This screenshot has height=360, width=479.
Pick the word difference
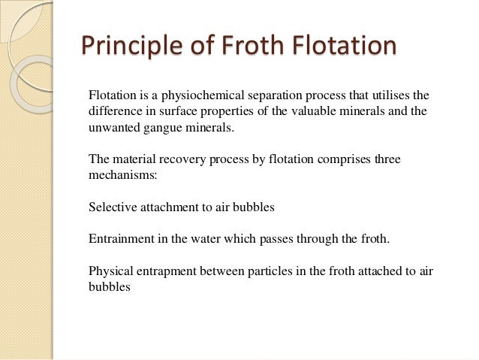click(114, 112)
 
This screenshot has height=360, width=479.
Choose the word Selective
click(112, 207)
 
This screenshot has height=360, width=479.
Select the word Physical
click(111, 271)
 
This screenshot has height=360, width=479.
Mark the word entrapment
click(171, 271)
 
